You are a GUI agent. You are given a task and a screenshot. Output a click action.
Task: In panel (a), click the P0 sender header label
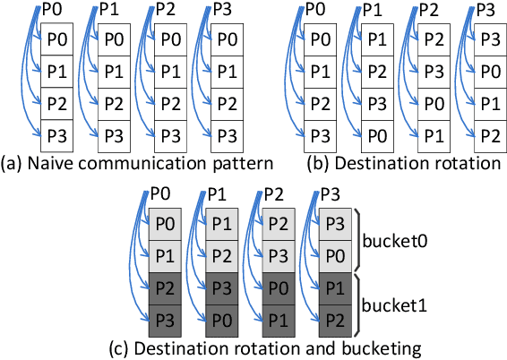(52, 10)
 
